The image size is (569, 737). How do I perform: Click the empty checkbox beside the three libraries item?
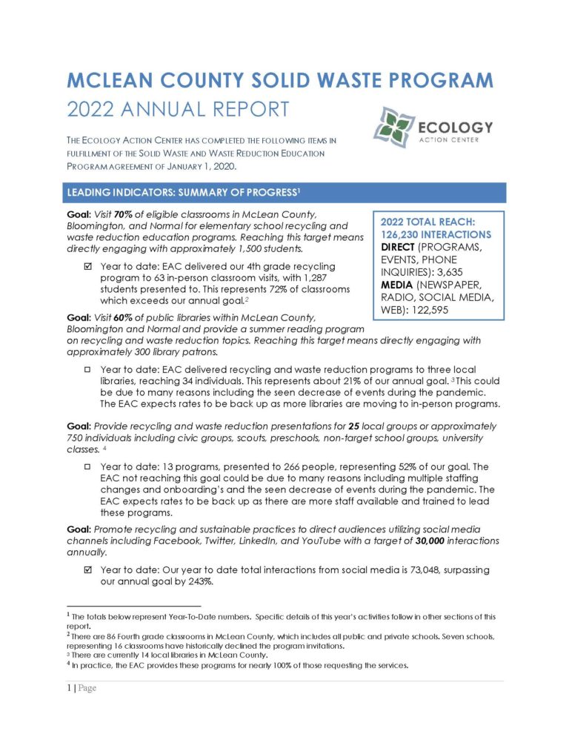88,368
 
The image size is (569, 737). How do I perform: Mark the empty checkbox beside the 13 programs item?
88,467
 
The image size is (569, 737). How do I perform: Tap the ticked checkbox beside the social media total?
88,569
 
